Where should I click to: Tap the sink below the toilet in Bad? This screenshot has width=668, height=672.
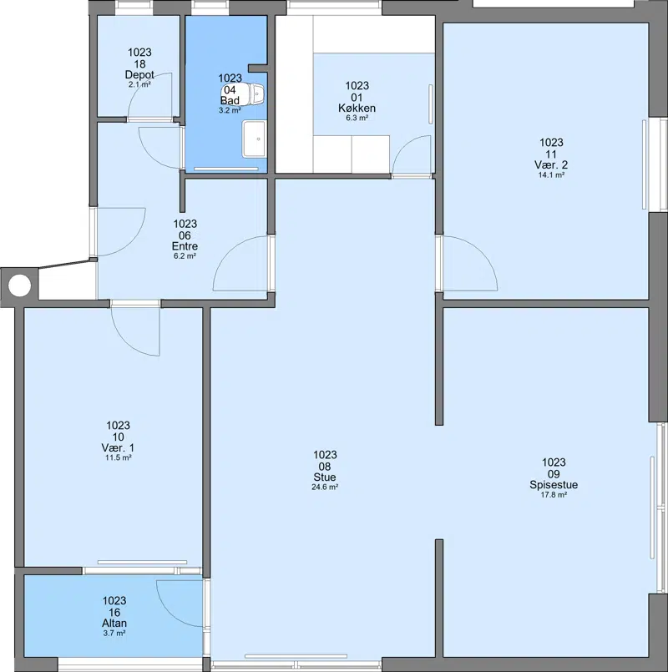[254, 139]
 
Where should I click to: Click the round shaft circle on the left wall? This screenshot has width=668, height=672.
[19, 285]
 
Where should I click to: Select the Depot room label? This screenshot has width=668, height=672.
[139, 74]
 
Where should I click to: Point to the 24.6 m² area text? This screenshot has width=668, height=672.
[325, 487]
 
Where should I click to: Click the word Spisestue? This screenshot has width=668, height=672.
[554, 485]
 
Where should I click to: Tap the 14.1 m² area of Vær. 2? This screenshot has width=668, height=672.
[551, 174]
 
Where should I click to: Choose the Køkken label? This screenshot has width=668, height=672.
[357, 108]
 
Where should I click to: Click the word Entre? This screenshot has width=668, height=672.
[185, 246]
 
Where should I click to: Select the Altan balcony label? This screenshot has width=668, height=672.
[114, 623]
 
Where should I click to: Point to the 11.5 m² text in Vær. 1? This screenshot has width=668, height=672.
[119, 457]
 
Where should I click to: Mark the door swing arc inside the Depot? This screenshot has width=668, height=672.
[139, 86]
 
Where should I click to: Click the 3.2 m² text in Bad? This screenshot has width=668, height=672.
[230, 110]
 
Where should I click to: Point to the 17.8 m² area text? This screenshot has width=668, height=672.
[554, 494]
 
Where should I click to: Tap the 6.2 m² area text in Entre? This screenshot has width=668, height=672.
[185, 255]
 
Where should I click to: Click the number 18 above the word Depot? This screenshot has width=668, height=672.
[139, 63]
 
